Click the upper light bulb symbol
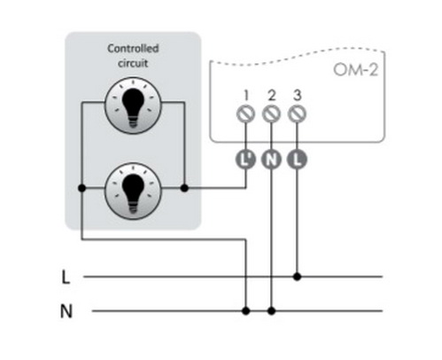click(133, 106)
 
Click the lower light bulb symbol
click(133, 192)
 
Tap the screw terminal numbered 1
click(245, 113)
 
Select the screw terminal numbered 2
click(271, 113)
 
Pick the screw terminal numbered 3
click(297, 113)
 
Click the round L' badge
click(245, 160)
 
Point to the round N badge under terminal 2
click(271, 160)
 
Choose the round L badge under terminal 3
click(297, 160)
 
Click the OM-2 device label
click(355, 70)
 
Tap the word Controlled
click(133, 48)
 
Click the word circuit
click(133, 63)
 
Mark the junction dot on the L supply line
click(297, 277)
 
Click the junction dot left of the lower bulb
click(82, 188)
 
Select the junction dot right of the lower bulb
click(184, 188)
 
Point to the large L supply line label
click(66, 278)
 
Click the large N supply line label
click(66, 311)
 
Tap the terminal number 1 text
click(246, 96)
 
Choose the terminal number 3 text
click(298, 96)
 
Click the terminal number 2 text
click(272, 96)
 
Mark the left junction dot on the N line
click(245, 311)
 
